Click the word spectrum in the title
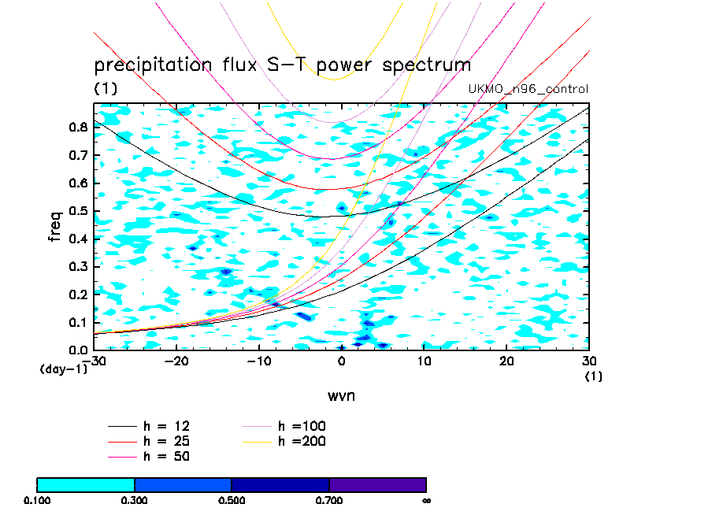pos(426,65)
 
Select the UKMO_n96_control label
pos(528,89)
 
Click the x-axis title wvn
pos(341,395)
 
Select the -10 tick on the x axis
pos(258,361)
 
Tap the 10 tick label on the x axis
pos(424,361)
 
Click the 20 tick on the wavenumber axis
pos(506,361)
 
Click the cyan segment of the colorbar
pos(86,484)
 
